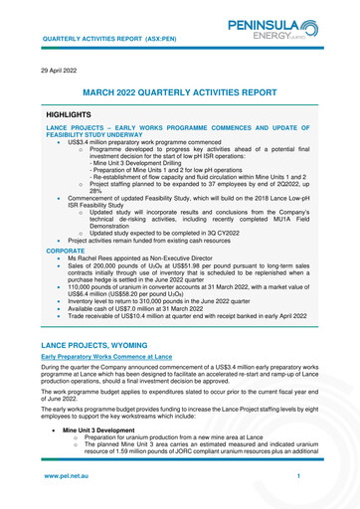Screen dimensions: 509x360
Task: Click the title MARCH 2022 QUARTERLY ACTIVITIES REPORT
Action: [179, 91]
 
